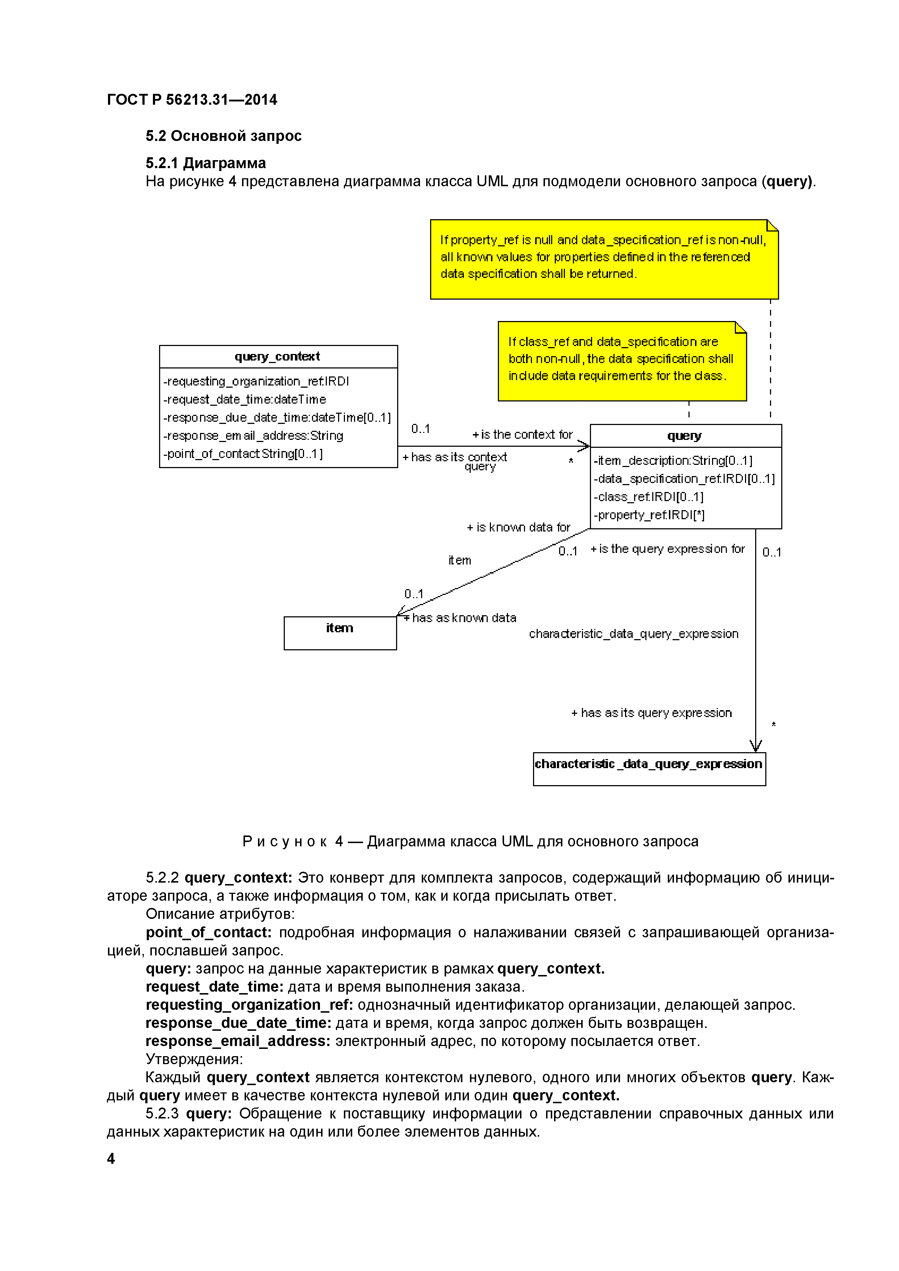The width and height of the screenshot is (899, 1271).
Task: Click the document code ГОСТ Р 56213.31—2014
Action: point(192,100)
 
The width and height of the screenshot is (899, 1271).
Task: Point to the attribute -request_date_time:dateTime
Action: point(244,399)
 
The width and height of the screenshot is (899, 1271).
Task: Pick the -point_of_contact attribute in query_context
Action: point(242,454)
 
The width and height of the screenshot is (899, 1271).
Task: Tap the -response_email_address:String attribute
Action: point(253,436)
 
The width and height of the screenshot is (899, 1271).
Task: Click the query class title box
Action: point(685,436)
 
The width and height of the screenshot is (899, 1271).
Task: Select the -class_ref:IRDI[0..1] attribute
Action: point(648,497)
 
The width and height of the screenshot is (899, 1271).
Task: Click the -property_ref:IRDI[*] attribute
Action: point(649,515)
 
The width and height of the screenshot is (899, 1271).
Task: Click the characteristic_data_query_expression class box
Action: point(649,768)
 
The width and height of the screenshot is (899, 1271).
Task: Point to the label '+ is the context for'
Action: point(522,434)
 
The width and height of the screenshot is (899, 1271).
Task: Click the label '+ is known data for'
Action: point(518,527)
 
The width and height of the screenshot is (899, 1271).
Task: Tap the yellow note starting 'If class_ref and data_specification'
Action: point(622,361)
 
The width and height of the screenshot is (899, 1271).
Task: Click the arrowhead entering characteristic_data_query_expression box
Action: point(756,746)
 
